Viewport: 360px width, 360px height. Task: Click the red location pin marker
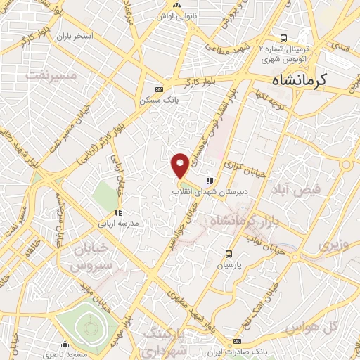(181, 165)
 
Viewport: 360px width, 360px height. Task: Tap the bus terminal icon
(283, 38)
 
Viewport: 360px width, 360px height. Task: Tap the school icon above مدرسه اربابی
(119, 212)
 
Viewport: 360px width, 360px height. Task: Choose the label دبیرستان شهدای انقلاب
(207, 191)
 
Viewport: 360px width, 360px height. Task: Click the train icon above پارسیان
(229, 254)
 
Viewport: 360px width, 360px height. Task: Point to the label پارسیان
(229, 266)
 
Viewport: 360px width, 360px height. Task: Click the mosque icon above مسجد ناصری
(65, 344)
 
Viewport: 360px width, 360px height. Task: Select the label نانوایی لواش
(174, 15)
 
